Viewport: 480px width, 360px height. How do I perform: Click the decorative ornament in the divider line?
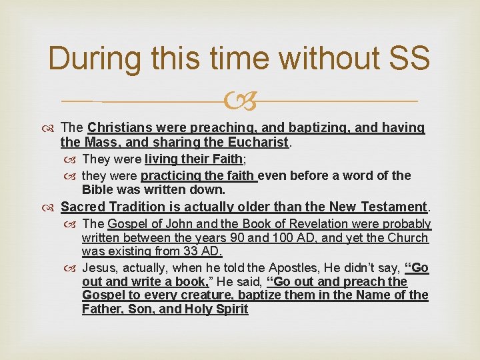coord(240,101)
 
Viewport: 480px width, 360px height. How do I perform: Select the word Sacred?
coord(83,207)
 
